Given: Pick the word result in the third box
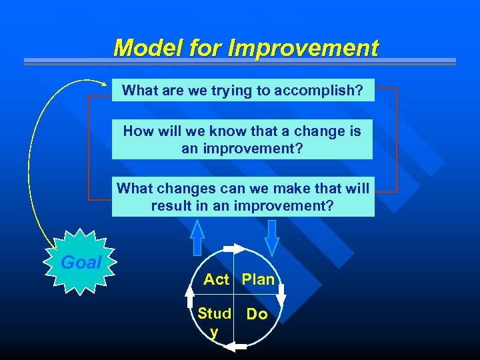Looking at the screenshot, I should [173, 205].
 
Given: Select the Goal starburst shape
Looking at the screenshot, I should [81, 263].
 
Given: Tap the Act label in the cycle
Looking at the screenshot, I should [216, 279].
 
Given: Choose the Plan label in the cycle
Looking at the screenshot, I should [258, 279].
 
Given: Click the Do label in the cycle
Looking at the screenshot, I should [257, 314].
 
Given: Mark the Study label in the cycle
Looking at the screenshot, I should [214, 321].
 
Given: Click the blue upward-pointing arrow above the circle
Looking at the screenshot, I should [197, 238].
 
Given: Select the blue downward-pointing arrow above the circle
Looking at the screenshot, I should [271, 237].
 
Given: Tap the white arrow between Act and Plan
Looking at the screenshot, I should [235, 249].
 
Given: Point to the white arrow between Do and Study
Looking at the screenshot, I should [236, 345].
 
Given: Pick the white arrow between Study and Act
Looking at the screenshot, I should [190, 296].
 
